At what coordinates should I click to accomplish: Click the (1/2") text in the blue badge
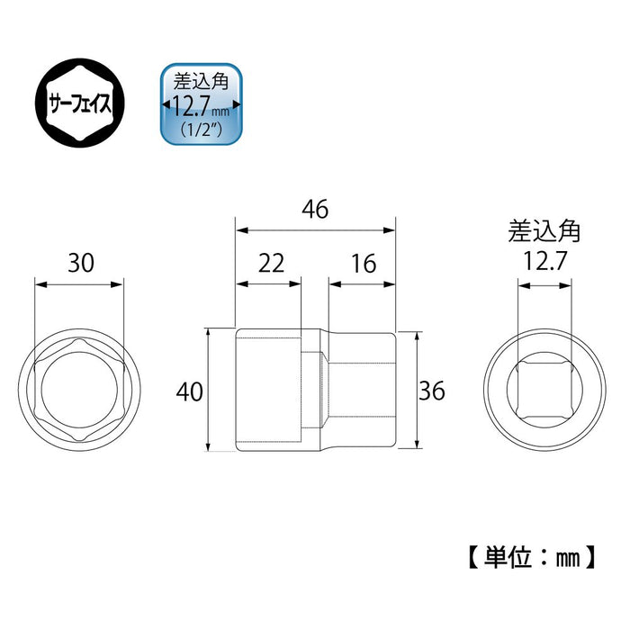tap(201, 130)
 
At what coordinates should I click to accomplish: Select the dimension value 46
tap(314, 210)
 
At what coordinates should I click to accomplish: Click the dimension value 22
tap(270, 263)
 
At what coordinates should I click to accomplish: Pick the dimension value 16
tap(362, 263)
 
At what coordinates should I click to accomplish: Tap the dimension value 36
tap(431, 391)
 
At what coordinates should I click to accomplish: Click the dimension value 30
tap(79, 263)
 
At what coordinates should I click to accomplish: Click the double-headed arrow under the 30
tap(79, 284)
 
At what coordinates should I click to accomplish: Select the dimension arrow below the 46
tap(314, 230)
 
